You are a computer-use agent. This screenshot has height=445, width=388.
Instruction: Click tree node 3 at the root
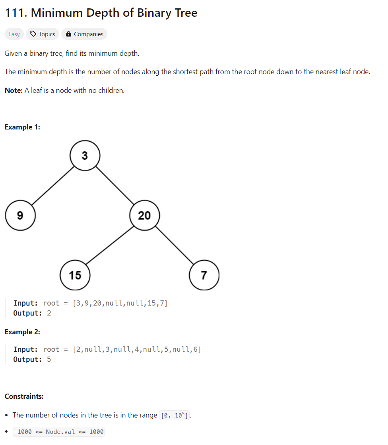coord(85,156)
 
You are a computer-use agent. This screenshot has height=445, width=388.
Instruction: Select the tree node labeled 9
coord(20,216)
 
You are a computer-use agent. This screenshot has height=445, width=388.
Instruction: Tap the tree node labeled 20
coord(145,216)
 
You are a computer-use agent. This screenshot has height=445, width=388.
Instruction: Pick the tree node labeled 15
coord(75,275)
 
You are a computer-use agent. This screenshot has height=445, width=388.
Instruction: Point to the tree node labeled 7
coord(204,275)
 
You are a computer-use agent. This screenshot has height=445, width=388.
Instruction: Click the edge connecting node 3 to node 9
coord(52,186)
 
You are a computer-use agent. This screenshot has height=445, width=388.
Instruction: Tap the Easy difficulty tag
coord(14,34)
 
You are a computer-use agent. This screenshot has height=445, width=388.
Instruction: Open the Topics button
coord(43,34)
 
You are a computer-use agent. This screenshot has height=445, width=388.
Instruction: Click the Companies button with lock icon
coord(84,34)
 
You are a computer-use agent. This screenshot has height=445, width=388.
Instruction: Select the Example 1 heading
coord(22,127)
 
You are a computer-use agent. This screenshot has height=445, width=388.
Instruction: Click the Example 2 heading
coord(22,332)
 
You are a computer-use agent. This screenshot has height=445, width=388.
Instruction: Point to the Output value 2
coord(49,313)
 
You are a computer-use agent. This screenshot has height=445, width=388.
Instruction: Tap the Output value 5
coord(49,359)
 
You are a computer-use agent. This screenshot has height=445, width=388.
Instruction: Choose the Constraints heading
coord(24,396)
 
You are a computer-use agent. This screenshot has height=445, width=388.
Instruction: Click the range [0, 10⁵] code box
coord(175,415)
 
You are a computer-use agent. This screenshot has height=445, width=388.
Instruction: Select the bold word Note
coord(14,90)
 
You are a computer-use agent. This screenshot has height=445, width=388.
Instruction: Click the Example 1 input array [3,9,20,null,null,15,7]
coord(120,303)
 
